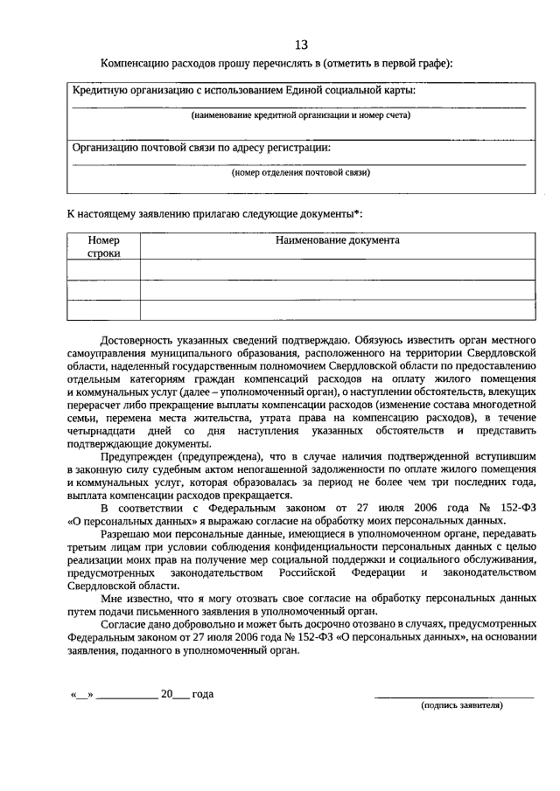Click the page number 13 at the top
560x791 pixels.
[x=301, y=45]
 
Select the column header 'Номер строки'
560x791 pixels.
[x=103, y=246]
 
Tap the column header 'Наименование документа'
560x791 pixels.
[x=337, y=239]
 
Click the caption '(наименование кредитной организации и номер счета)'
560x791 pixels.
[x=300, y=114]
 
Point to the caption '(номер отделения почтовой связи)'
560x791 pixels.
[x=300, y=172]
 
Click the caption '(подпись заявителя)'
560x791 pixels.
[x=461, y=704]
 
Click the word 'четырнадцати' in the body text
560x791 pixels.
[x=101, y=431]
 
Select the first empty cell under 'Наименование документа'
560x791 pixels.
[x=337, y=269]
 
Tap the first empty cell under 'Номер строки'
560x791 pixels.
[x=103, y=269]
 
